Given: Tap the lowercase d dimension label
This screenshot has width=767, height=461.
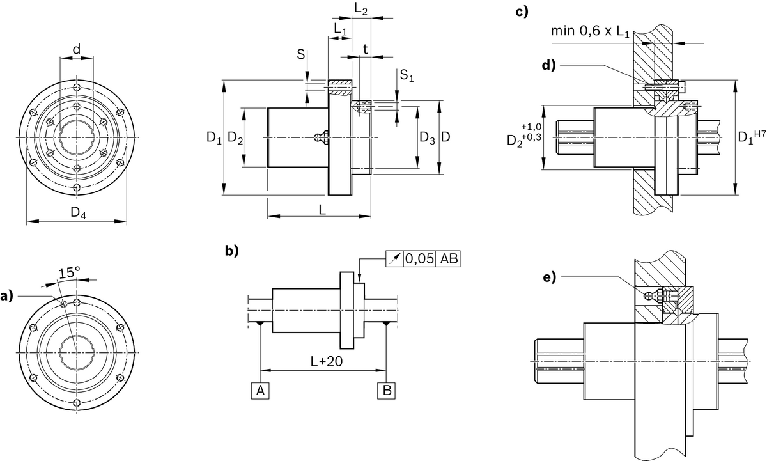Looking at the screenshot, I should tap(77, 49).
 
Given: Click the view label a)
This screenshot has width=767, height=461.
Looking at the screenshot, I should tap(6, 296).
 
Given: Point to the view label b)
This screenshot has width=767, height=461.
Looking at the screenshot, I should tap(231, 251).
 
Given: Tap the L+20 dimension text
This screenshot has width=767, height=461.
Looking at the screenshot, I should tap(323, 361).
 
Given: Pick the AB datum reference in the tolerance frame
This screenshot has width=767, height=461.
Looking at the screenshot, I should tap(449, 258).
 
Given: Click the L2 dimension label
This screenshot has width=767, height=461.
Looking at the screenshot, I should tap(360, 8).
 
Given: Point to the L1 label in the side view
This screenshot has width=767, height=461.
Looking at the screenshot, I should tap(339, 29).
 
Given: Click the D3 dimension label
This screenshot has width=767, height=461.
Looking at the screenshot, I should tap(427, 137).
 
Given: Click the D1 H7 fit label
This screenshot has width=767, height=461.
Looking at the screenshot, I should tap(749, 136).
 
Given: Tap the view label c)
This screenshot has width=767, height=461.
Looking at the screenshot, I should tap(522, 11).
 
